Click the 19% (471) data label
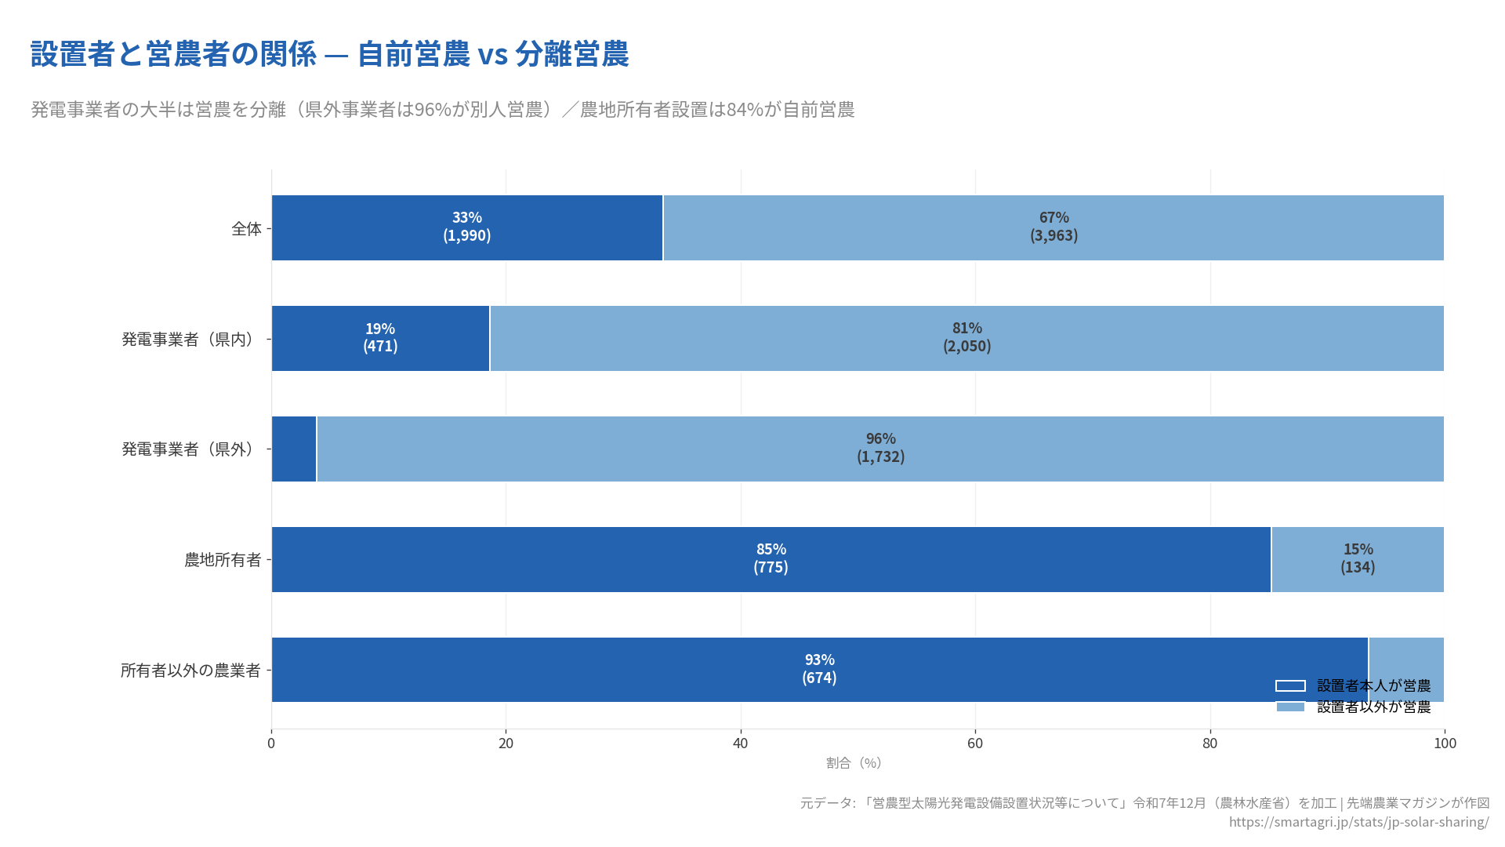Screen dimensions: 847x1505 coord(380,337)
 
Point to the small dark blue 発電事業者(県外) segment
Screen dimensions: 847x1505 coord(294,449)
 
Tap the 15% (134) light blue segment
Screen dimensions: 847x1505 coord(1358,558)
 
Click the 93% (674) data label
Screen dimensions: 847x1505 coord(819,669)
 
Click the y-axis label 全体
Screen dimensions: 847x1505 coord(246,228)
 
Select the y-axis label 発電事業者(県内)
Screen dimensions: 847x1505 coord(190,339)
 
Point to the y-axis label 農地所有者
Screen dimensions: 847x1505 coord(223,559)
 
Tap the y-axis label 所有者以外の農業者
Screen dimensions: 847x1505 coord(190,671)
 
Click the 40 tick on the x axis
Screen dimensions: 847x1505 coord(740,743)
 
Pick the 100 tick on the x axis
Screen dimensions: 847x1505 coord(1445,743)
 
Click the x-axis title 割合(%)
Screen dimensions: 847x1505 coord(854,763)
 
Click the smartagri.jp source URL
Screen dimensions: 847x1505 coord(1358,822)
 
